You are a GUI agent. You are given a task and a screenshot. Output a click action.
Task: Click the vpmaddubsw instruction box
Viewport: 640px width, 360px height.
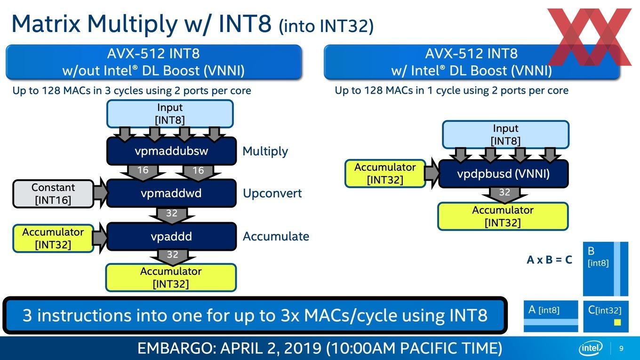tap(171, 151)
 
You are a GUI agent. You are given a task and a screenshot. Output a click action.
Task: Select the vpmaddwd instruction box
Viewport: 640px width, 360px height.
tap(171, 193)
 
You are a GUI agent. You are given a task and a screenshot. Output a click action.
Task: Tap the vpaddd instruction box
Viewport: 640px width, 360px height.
tap(171, 237)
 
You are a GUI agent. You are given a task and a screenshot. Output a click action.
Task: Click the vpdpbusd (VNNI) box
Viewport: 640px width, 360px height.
tap(504, 174)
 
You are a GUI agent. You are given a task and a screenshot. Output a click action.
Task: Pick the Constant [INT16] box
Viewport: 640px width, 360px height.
tap(53, 194)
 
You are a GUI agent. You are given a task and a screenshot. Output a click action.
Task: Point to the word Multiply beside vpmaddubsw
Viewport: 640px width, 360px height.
tap(265, 151)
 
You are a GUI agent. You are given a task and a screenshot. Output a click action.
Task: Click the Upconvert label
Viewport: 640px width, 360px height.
tap(272, 193)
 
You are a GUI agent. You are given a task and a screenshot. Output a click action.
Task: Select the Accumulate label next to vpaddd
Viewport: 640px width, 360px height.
tap(276, 236)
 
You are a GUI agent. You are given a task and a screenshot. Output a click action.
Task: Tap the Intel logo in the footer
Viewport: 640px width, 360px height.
tap(591, 348)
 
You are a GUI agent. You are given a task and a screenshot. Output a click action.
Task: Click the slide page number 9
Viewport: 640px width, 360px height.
tap(621, 348)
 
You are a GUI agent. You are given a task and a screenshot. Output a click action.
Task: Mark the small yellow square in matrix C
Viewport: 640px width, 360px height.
tap(617, 322)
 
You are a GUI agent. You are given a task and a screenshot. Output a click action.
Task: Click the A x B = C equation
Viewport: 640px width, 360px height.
tap(549, 260)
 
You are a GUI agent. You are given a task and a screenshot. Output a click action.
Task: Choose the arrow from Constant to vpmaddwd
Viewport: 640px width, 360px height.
tap(100, 192)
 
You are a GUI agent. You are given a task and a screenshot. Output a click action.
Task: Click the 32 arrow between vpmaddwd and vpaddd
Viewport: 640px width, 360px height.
tap(172, 215)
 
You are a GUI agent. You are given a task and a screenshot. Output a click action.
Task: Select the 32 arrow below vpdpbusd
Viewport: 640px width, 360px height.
tap(504, 195)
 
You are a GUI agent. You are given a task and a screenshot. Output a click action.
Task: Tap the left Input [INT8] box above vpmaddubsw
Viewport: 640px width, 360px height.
tap(170, 114)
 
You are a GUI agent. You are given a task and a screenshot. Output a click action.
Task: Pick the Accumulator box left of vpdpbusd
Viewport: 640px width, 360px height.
tap(385, 174)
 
